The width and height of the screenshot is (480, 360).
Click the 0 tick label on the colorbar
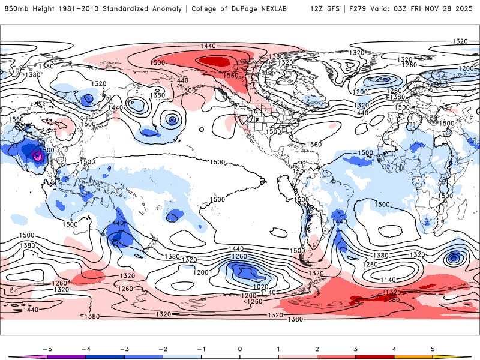[240, 348]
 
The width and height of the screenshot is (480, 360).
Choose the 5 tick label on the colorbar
[433, 348]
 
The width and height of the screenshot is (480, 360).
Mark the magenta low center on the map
[38, 155]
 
